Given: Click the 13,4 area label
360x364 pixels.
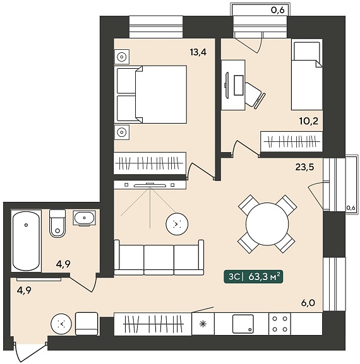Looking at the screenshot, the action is point(198,52).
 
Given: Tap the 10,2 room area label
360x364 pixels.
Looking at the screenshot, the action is point(309,121).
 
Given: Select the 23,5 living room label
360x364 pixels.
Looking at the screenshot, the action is point(304,167).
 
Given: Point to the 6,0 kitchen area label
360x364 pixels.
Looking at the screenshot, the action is point(308,303).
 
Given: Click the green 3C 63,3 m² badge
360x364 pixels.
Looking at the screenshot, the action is point(253,277).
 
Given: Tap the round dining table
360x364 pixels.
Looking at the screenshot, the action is point(267,224).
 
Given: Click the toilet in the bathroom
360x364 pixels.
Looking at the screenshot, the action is point(57,223).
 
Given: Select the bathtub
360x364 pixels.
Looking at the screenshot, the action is point(26,241).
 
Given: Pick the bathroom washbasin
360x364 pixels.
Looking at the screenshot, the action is point(84,218).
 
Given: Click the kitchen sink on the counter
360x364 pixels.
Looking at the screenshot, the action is point(243,324).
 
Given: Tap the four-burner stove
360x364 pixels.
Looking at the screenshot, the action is point(280,324).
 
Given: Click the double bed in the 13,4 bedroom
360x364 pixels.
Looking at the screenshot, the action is point(150,94).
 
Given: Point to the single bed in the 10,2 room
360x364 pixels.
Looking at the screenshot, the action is point(307,74).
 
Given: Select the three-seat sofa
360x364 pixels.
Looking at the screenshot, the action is point(159,257).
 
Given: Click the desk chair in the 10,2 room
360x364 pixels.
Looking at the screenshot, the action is point(255,95).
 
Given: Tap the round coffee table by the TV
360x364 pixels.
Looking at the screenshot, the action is point(177,224).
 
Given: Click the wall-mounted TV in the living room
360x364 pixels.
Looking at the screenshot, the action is point(150,185).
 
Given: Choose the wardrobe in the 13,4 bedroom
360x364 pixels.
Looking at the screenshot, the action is point(150,163).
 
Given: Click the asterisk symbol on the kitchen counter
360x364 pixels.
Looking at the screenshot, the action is point(203,324).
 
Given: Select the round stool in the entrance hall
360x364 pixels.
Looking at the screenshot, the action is point(61,324).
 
